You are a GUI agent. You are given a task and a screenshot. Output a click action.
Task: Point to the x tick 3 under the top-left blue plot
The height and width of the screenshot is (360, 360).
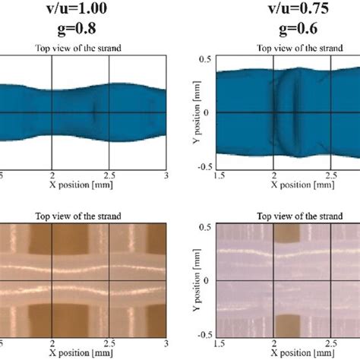pos(166,175)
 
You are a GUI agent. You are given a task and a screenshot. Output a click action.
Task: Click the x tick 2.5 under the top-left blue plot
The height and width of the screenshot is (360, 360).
pos(111,175)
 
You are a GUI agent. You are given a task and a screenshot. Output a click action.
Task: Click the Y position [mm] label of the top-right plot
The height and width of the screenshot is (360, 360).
pos(192,114)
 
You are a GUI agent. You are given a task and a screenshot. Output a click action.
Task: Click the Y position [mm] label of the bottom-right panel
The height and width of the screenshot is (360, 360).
pos(192,280)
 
